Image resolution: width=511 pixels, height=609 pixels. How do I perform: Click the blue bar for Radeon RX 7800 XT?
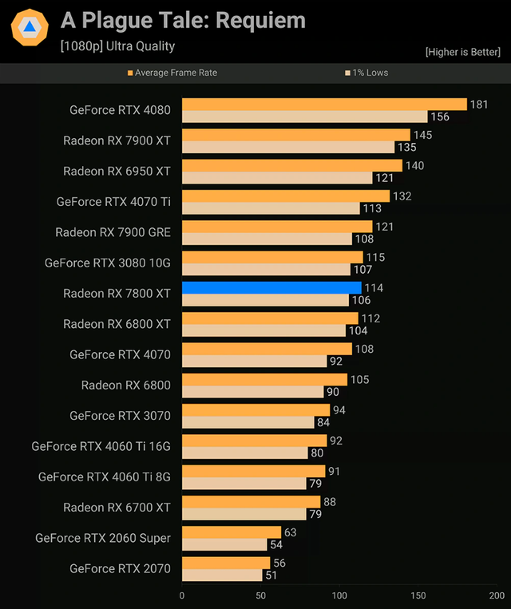[271, 287]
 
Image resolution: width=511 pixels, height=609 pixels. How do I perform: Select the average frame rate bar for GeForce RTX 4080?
[324, 104]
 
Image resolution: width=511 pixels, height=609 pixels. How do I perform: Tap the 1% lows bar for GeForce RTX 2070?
[222, 575]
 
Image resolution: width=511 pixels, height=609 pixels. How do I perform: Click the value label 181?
[479, 104]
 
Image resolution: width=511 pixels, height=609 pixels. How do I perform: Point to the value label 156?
[440, 117]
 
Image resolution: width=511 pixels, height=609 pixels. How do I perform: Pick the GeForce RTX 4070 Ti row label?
[113, 202]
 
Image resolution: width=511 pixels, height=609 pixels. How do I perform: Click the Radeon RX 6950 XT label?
[117, 171]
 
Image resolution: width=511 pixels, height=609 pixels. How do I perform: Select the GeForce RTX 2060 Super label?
[103, 538]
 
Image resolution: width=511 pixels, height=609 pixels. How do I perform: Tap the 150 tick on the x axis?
[418, 595]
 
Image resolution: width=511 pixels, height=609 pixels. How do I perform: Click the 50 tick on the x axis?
[261, 595]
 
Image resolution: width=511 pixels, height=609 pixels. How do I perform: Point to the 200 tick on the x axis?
[496, 595]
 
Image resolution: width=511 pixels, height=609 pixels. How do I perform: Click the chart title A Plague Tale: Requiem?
[183, 21]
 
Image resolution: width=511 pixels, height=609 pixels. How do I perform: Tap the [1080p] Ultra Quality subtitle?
[117, 46]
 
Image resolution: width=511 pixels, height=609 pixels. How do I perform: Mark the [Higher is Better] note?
[463, 52]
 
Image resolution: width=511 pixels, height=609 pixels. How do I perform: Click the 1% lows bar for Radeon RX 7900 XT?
[288, 147]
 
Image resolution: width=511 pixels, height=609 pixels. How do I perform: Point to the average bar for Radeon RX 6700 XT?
[251, 501]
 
